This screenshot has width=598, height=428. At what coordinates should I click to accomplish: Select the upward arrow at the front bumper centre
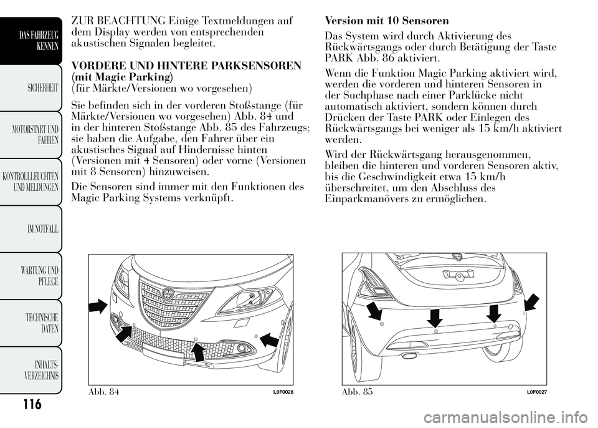click(x=197, y=352)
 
